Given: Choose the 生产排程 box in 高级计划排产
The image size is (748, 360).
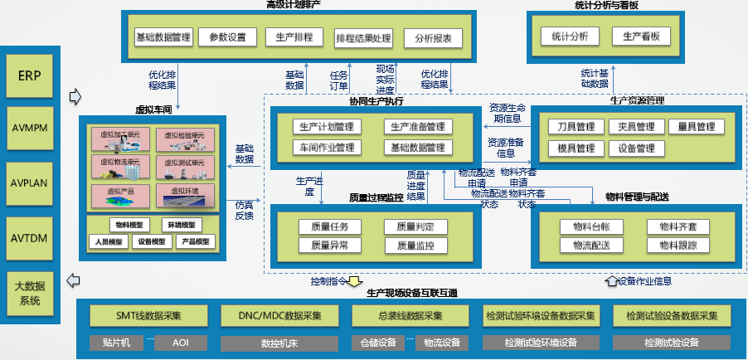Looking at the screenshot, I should point(293,37).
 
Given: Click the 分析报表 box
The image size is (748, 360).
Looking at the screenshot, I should point(433,38).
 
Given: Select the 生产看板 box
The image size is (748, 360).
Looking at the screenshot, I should point(641,37).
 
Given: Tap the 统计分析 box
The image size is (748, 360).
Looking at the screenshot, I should point(569,37).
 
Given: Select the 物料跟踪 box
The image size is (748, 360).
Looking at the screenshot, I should point(678,246).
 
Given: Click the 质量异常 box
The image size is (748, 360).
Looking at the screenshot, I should point(329,246).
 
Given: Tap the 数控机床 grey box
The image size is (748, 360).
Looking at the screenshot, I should point(279,342).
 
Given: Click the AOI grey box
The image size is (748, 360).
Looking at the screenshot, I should point(181,342).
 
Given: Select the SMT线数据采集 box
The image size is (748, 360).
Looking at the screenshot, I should point(148,315).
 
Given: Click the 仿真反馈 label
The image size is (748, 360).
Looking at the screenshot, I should point(244,210).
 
